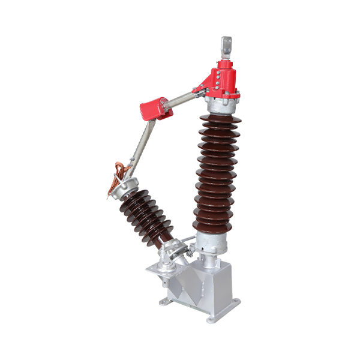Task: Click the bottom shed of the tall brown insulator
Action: point(212,226)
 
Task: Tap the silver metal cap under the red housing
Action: point(222,104)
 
